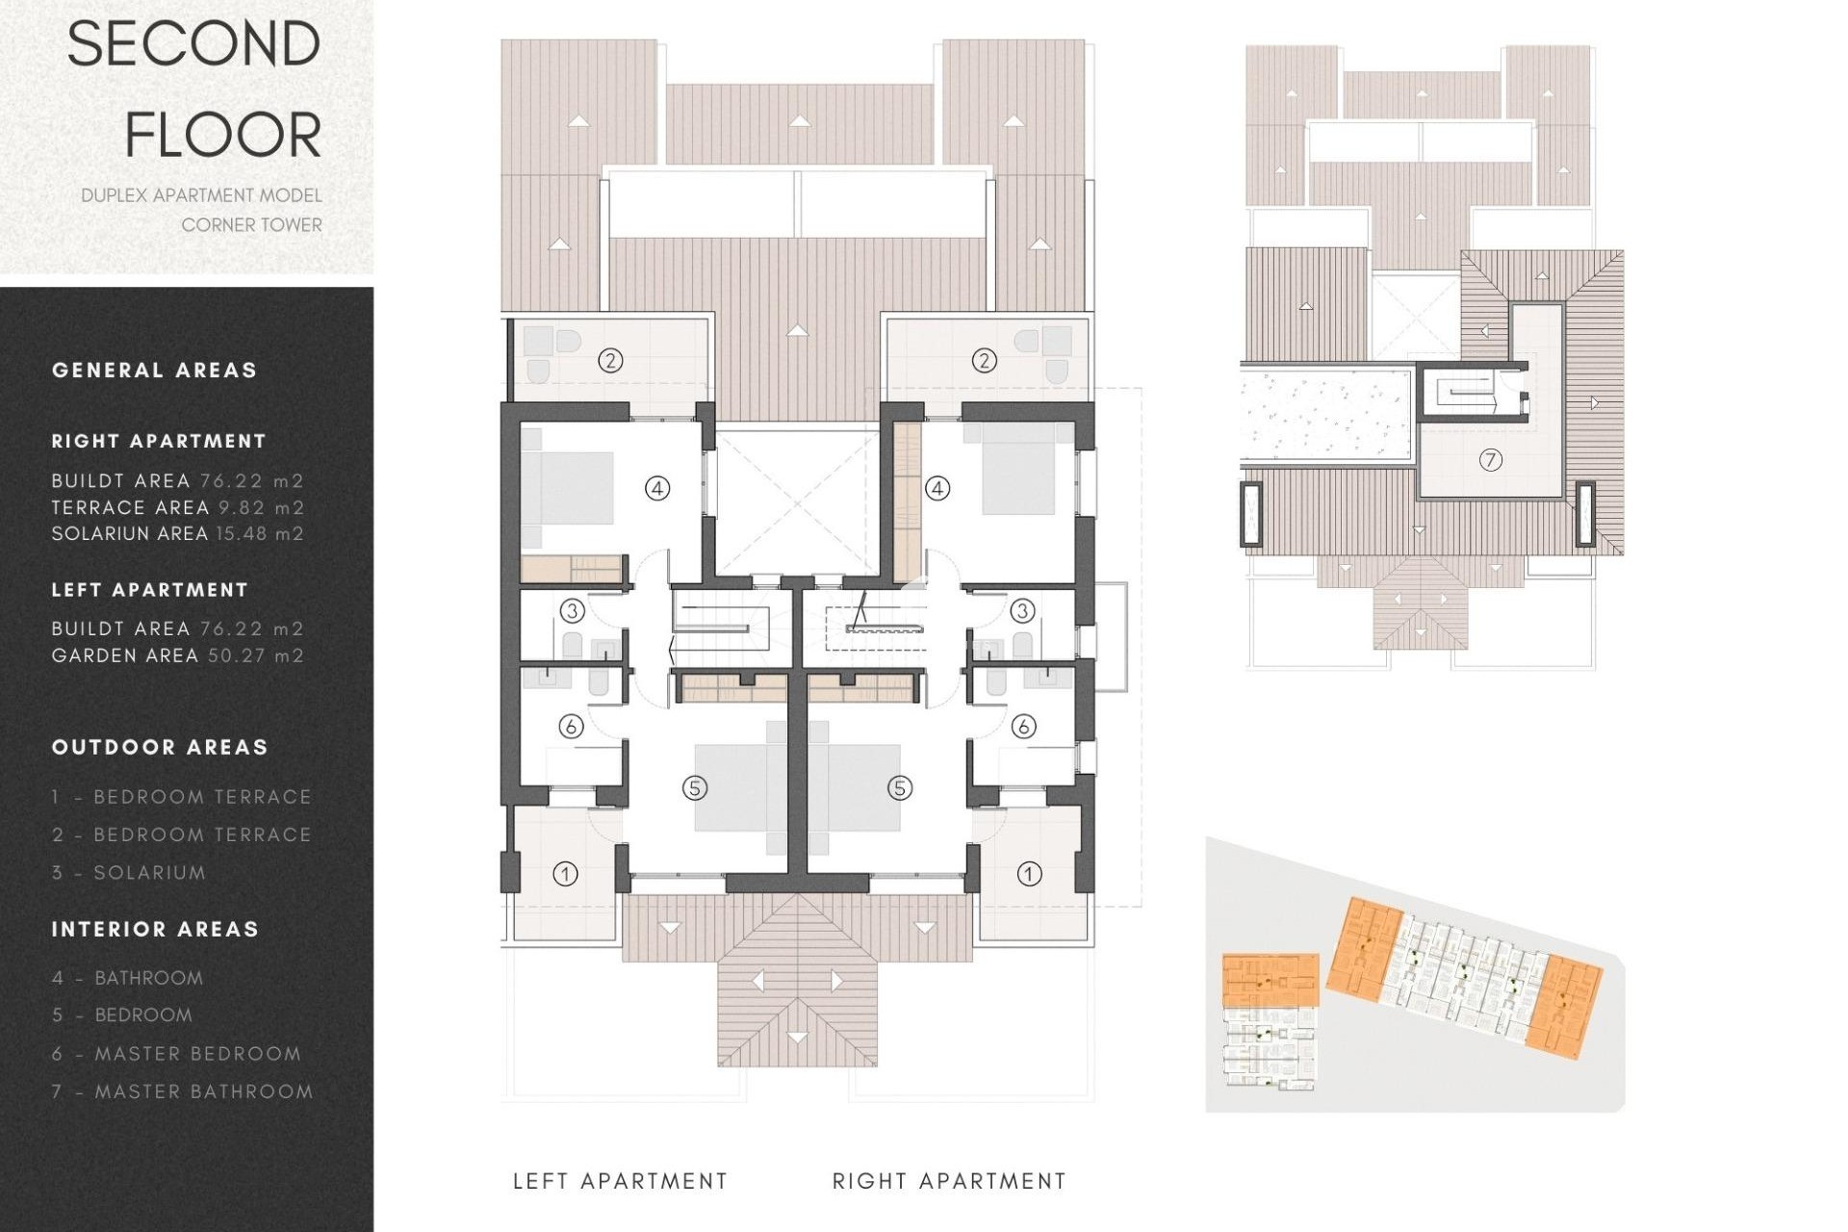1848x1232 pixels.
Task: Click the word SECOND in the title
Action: (193, 44)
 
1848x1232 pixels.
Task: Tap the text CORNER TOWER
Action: (251, 225)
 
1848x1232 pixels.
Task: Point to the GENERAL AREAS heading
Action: (154, 371)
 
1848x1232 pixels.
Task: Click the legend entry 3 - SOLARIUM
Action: (129, 873)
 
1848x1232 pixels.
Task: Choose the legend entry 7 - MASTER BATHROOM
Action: (183, 1091)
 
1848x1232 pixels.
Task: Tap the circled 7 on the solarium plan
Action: (1490, 460)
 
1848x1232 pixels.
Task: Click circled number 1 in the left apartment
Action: (565, 874)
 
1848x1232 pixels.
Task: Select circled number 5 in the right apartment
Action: (899, 788)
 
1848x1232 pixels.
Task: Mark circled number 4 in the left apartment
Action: (656, 489)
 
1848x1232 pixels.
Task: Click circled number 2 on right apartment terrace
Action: (983, 361)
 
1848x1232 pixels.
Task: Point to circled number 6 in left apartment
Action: (571, 726)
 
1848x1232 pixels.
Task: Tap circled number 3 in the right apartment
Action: (1022, 610)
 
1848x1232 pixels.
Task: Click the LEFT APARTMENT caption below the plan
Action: (620, 1181)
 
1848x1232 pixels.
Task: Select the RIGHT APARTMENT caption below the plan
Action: (949, 1181)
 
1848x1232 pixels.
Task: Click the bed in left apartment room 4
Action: (568, 488)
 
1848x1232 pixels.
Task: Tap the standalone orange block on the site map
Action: (1270, 980)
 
